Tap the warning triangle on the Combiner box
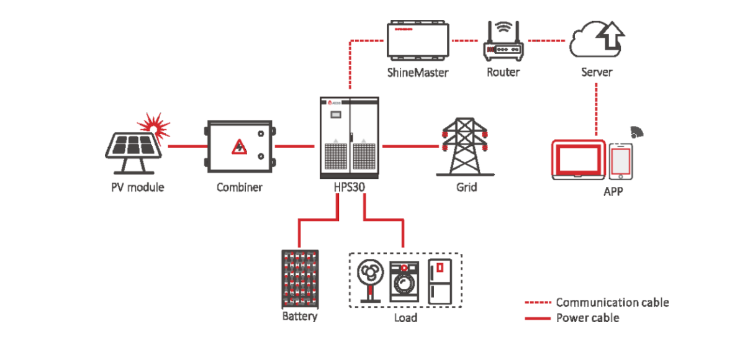pyautogui.click(x=238, y=147)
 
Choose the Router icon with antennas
pyautogui.click(x=503, y=44)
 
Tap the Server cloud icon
pyautogui.click(x=596, y=38)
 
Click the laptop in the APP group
pyautogui.click(x=577, y=160)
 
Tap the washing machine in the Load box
pyautogui.click(x=404, y=281)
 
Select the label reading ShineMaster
pyautogui.click(x=418, y=72)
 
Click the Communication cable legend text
pyautogui.click(x=612, y=303)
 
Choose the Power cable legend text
pyautogui.click(x=587, y=318)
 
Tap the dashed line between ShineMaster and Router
pyautogui.click(x=466, y=41)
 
